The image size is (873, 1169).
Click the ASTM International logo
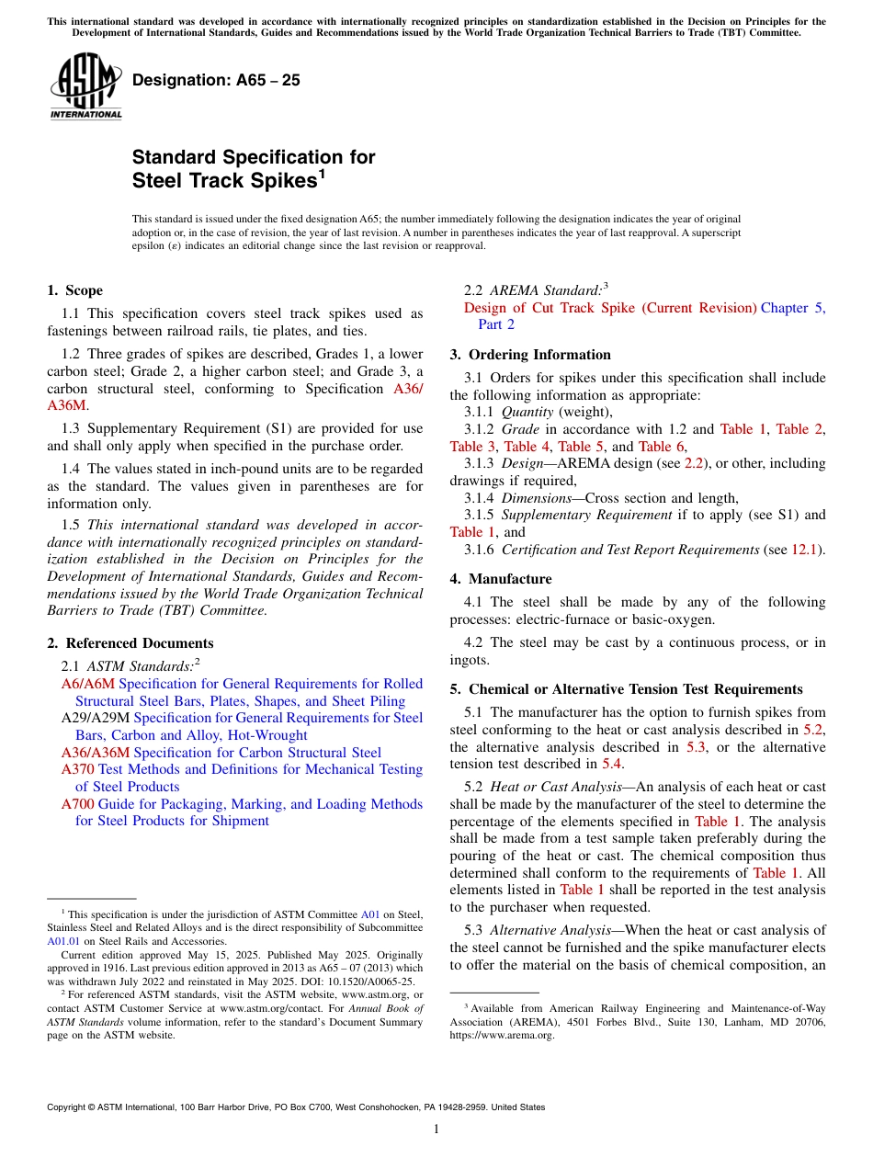[x=85, y=86]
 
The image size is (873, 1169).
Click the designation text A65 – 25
[x=216, y=80]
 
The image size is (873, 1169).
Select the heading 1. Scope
[x=75, y=290]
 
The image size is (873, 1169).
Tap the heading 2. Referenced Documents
[x=130, y=643]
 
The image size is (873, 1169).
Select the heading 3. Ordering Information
[x=530, y=355]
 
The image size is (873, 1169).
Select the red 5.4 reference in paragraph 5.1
[x=611, y=764]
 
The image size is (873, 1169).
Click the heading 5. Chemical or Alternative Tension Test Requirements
[x=626, y=689]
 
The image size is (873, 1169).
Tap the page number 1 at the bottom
[x=436, y=1129]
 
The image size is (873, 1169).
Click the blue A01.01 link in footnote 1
[x=62, y=941]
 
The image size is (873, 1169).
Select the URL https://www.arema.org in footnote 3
[x=502, y=1035]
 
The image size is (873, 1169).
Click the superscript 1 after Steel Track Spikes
[x=322, y=174]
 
